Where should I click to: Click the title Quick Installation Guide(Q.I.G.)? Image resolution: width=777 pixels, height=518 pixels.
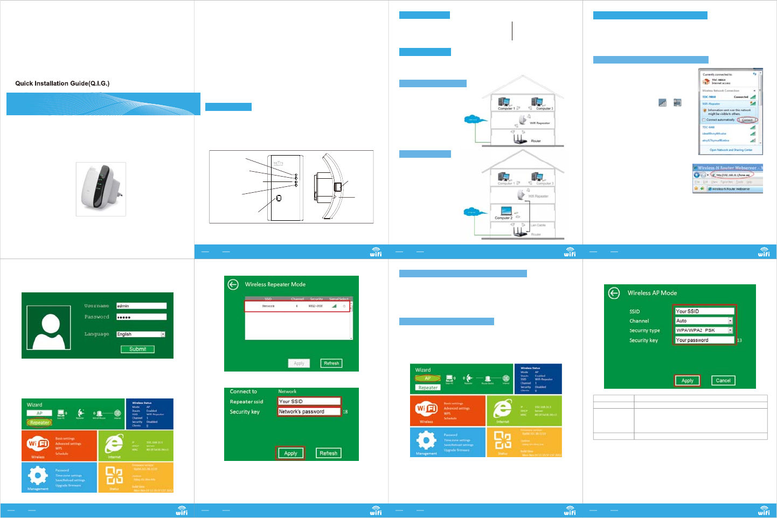click(x=62, y=83)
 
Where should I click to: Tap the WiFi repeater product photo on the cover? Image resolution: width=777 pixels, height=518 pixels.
click(x=101, y=189)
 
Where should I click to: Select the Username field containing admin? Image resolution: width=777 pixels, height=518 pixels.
click(x=141, y=306)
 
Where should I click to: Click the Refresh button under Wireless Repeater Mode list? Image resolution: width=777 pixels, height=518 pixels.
click(x=331, y=363)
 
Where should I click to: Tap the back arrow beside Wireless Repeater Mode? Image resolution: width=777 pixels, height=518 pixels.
click(x=233, y=284)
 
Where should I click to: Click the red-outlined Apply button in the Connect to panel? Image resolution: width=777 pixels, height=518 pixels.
click(x=290, y=453)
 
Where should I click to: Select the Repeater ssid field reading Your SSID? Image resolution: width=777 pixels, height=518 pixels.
click(x=309, y=402)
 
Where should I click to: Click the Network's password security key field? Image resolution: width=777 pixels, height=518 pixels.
click(x=309, y=412)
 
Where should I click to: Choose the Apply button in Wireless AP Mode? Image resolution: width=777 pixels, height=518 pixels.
click(x=687, y=381)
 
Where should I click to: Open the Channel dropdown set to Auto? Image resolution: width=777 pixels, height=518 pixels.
click(x=704, y=321)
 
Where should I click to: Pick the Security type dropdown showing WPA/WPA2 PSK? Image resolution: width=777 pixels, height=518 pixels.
click(x=704, y=331)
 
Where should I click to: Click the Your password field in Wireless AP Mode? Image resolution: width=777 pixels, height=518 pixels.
click(x=704, y=340)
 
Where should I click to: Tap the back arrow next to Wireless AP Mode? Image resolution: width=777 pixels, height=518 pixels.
click(x=614, y=293)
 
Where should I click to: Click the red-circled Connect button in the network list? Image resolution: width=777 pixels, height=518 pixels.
click(x=747, y=120)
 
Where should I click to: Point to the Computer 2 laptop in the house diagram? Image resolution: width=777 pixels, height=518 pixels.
click(x=506, y=211)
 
